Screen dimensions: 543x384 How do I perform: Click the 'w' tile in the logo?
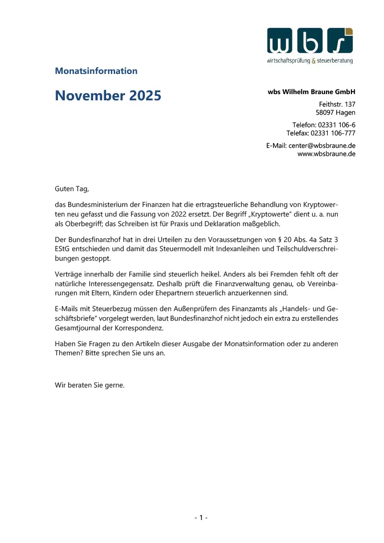pyautogui.click(x=280, y=41)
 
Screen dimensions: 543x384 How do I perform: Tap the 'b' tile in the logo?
pyautogui.click(x=310, y=41)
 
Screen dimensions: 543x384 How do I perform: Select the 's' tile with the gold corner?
pyautogui.click(x=340, y=41)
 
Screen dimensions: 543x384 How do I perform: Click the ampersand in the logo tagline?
pyautogui.click(x=314, y=61)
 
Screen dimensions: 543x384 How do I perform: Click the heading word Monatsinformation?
pyautogui.click(x=96, y=71)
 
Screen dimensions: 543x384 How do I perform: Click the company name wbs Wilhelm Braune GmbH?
pyautogui.click(x=312, y=92)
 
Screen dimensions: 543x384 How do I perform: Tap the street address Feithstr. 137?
pyautogui.click(x=337, y=104)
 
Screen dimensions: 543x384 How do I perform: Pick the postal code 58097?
pyautogui.click(x=325, y=113)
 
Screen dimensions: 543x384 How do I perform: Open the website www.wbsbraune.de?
pyautogui.click(x=326, y=154)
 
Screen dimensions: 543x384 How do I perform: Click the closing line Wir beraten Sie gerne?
pyautogui.click(x=90, y=385)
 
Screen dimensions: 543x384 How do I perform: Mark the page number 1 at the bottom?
pyautogui.click(x=201, y=518)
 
